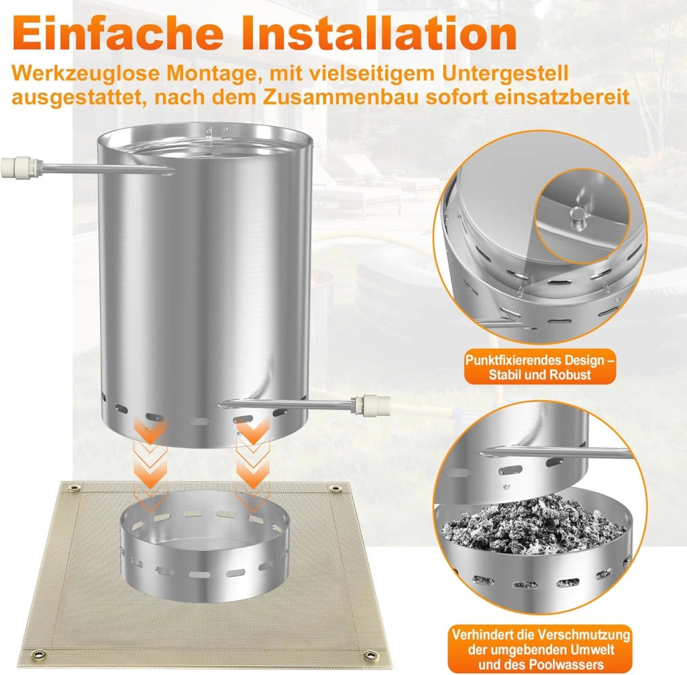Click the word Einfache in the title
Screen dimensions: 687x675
[118, 34]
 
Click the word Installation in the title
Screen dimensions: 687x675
[380, 34]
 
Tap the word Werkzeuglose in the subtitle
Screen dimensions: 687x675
[86, 73]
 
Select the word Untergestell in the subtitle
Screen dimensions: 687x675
[505, 73]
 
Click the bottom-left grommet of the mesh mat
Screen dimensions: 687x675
[40, 655]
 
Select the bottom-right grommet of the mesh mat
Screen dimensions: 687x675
[370, 655]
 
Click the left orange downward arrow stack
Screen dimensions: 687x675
[150, 462]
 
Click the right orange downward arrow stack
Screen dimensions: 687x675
[253, 462]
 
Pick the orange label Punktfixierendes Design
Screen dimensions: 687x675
[540, 367]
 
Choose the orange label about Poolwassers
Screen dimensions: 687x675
[541, 649]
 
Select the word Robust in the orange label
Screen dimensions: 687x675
[570, 375]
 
